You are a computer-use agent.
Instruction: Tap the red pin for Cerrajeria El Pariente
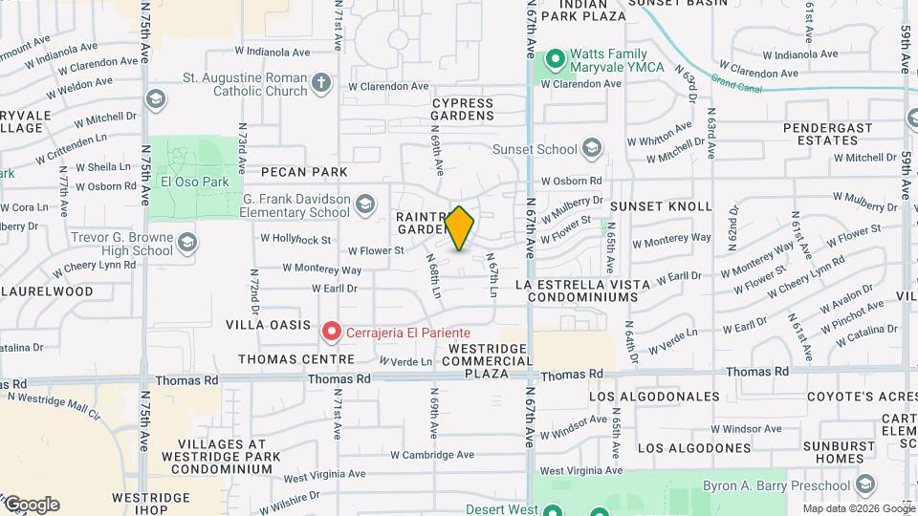(x=332, y=332)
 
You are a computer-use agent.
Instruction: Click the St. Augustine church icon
(x=321, y=84)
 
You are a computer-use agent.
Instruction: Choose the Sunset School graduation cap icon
(x=592, y=148)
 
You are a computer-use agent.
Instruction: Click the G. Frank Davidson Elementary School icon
(x=364, y=204)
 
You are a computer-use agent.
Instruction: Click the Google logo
(x=32, y=505)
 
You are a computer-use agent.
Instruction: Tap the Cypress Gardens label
(x=463, y=109)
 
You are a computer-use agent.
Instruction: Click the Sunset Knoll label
(x=661, y=206)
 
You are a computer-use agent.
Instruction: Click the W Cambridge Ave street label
(x=431, y=455)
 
